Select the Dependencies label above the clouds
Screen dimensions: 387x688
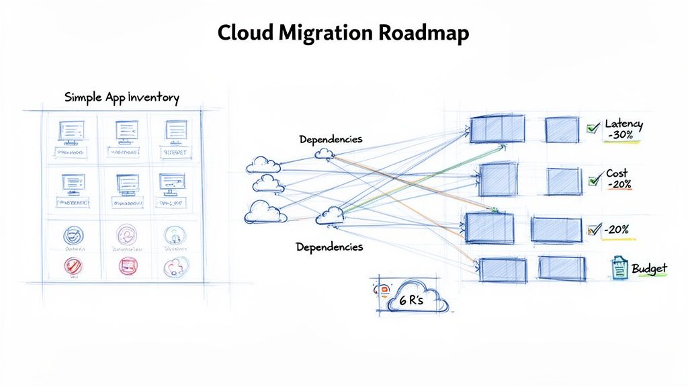tap(331, 139)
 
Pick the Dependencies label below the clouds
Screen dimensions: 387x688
tap(329, 247)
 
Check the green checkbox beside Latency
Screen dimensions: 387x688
tap(593, 128)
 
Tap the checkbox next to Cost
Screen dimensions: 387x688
tap(593, 180)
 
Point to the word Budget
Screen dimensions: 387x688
tap(649, 269)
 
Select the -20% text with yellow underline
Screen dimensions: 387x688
tap(616, 230)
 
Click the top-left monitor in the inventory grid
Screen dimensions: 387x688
tap(71, 131)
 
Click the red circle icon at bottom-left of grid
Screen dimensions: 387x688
tap(73, 267)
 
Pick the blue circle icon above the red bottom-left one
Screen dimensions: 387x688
tap(73, 235)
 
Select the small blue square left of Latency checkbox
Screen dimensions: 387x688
tap(561, 130)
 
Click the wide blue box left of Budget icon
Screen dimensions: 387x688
tap(562, 269)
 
